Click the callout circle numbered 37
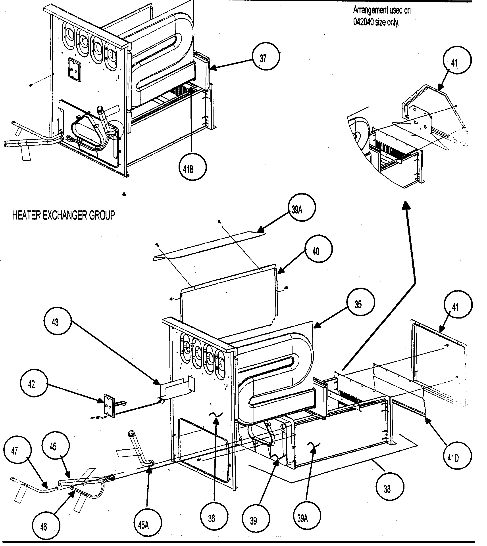coord(266,57)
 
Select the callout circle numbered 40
coord(319,249)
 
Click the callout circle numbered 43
coord(57,321)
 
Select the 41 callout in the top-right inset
coord(457,61)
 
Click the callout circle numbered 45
coord(55,445)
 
